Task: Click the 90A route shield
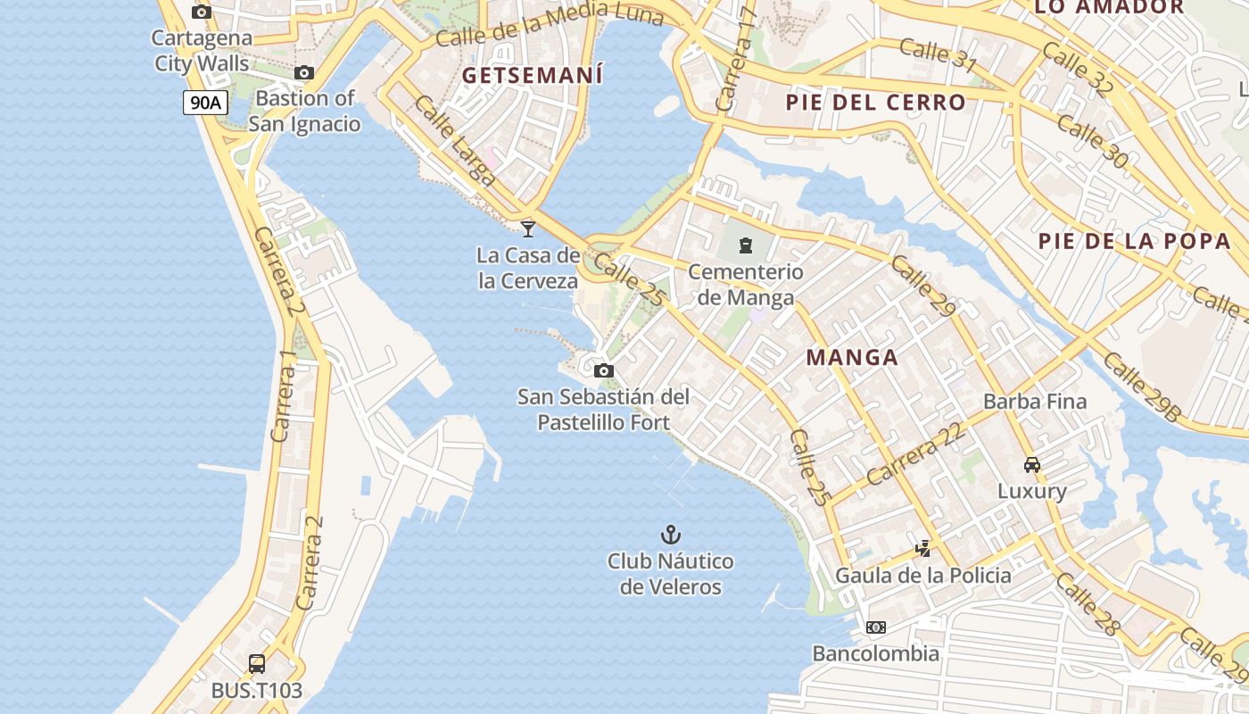tap(205, 103)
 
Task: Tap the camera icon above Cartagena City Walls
tap(202, 12)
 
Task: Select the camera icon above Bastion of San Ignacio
tap(304, 72)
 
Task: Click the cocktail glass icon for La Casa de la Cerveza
tap(528, 228)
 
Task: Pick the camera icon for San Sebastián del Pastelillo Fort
tap(604, 370)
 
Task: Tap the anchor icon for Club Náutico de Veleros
tap(670, 535)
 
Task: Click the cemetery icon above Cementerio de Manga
tap(746, 245)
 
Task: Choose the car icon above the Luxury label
tap(1032, 465)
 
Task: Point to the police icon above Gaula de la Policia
tap(923, 548)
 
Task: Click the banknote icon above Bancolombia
tap(876, 627)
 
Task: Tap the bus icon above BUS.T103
tap(257, 664)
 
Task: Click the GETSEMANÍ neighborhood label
tap(533, 75)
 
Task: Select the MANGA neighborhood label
tap(852, 358)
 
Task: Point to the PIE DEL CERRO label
tap(875, 103)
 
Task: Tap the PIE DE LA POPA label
tap(1134, 240)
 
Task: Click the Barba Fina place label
tap(1035, 402)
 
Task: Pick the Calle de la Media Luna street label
tap(550, 23)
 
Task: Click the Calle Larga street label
tap(455, 141)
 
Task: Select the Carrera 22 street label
tap(915, 454)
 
